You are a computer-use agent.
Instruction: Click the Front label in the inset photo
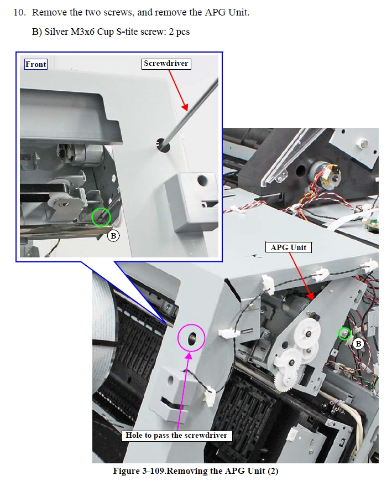tap(36, 64)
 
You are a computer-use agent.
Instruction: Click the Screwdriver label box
tap(166, 64)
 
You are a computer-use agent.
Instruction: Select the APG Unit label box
tap(289, 247)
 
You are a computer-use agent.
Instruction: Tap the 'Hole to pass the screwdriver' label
tap(176, 435)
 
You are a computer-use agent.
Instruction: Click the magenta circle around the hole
tap(179, 339)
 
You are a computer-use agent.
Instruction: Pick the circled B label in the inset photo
tap(113, 235)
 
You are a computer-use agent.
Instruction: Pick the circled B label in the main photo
tap(358, 344)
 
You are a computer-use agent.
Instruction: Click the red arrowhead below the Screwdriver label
tap(185, 107)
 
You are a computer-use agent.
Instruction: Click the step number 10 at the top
tap(19, 12)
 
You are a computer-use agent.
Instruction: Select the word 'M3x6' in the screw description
tap(82, 32)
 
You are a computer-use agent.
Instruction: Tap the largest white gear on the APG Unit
tap(308, 333)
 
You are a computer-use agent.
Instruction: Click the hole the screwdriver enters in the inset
tap(163, 145)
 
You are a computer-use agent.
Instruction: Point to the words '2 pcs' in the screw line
tap(179, 32)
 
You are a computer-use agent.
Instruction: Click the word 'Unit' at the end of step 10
tap(239, 12)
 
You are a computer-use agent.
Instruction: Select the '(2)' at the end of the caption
tap(273, 471)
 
